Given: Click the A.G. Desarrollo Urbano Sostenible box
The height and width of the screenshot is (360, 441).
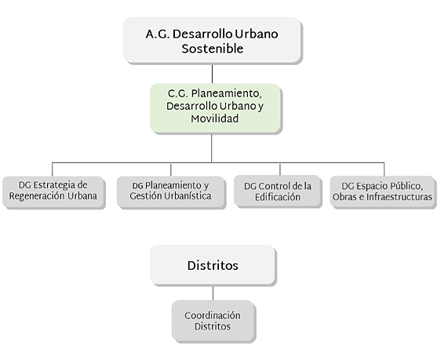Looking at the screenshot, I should (x=212, y=40).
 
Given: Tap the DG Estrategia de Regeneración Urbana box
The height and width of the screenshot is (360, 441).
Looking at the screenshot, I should (x=53, y=191).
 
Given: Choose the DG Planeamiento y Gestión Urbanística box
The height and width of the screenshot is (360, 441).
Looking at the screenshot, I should (x=166, y=191).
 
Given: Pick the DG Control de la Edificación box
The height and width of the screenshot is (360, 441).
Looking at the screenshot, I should (x=277, y=191).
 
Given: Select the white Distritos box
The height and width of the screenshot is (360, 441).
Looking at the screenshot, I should (x=213, y=265).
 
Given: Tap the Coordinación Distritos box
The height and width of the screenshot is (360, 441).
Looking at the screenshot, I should (x=213, y=321).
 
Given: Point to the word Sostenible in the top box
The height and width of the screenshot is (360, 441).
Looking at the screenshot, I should (x=212, y=49).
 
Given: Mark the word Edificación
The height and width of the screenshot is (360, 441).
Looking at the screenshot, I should (x=277, y=197).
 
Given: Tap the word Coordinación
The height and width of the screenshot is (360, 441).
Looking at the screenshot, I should (x=213, y=315).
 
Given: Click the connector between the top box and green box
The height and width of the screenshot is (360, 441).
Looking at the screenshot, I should (x=213, y=73).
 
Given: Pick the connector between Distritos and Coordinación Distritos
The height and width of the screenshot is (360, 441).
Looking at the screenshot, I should (x=213, y=292).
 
